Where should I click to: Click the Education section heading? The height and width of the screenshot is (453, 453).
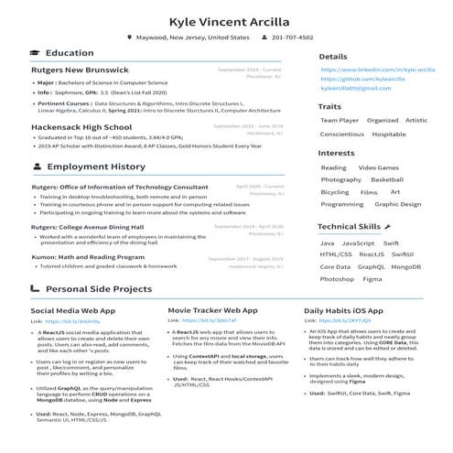pyautogui.click(x=70, y=54)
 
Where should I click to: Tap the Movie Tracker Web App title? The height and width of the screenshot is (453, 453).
pyautogui.click(x=212, y=311)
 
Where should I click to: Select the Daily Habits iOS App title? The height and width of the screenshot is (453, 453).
pyautogui.click(x=350, y=311)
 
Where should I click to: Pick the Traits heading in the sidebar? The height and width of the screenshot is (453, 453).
pyautogui.click(x=329, y=107)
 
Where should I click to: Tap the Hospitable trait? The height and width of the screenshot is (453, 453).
pyautogui.click(x=389, y=135)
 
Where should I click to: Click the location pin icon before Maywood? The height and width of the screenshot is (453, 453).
pyautogui.click(x=129, y=38)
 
